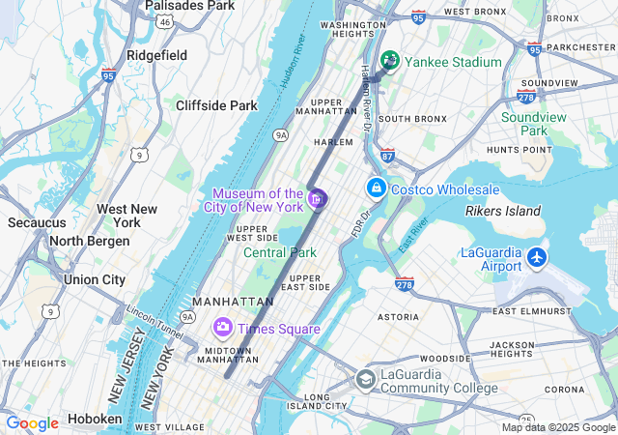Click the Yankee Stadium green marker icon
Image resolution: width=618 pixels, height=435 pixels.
tap(390, 61)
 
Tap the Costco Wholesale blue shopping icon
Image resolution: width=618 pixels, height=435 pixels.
tap(376, 187)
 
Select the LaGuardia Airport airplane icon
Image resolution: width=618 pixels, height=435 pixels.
tap(538, 258)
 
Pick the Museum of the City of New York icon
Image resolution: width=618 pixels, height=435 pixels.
tap(317, 199)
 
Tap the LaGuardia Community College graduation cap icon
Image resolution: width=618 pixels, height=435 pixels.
tap(364, 379)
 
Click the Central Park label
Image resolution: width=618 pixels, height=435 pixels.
tap(280, 252)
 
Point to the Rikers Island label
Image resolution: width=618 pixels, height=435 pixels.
tap(503, 211)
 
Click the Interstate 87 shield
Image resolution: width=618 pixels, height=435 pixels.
tap(387, 155)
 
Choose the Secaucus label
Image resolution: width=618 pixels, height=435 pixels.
tap(37, 222)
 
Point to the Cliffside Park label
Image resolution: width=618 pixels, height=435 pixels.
tap(216, 105)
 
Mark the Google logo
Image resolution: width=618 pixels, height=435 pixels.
tap(32, 422)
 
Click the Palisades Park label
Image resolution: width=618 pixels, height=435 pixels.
tap(189, 6)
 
